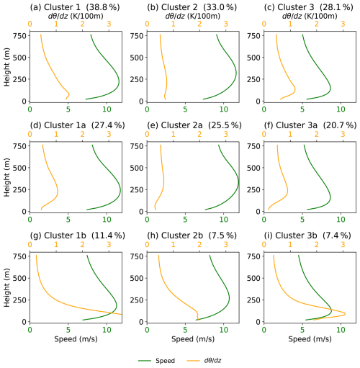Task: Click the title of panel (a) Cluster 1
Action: pyautogui.click(x=75, y=7)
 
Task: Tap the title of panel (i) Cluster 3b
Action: pyautogui.click(x=307, y=235)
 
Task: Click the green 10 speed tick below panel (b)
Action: pyautogui.click(x=224, y=109)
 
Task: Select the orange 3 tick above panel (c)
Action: pyautogui.click(x=343, y=24)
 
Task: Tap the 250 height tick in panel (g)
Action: pyautogui.click(x=19, y=300)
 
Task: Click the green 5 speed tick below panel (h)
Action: pyautogui.click(x=185, y=330)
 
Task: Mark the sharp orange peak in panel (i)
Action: pyautogui.click(x=345, y=313)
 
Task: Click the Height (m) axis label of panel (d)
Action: pyautogui.click(x=6, y=177)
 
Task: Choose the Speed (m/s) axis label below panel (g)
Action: pyautogui.click(x=76, y=339)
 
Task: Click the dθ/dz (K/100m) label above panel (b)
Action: pyautogui.click(x=193, y=16)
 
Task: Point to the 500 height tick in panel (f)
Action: pyautogui.click(x=253, y=168)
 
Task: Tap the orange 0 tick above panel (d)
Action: pyautogui.click(x=30, y=134)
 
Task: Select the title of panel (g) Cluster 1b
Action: pyautogui.click(x=78, y=235)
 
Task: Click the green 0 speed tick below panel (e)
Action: pyautogui.click(x=147, y=220)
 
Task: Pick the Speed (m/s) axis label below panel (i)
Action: pyautogui.click(x=310, y=339)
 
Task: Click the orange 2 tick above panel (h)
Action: pyautogui.click(x=199, y=245)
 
